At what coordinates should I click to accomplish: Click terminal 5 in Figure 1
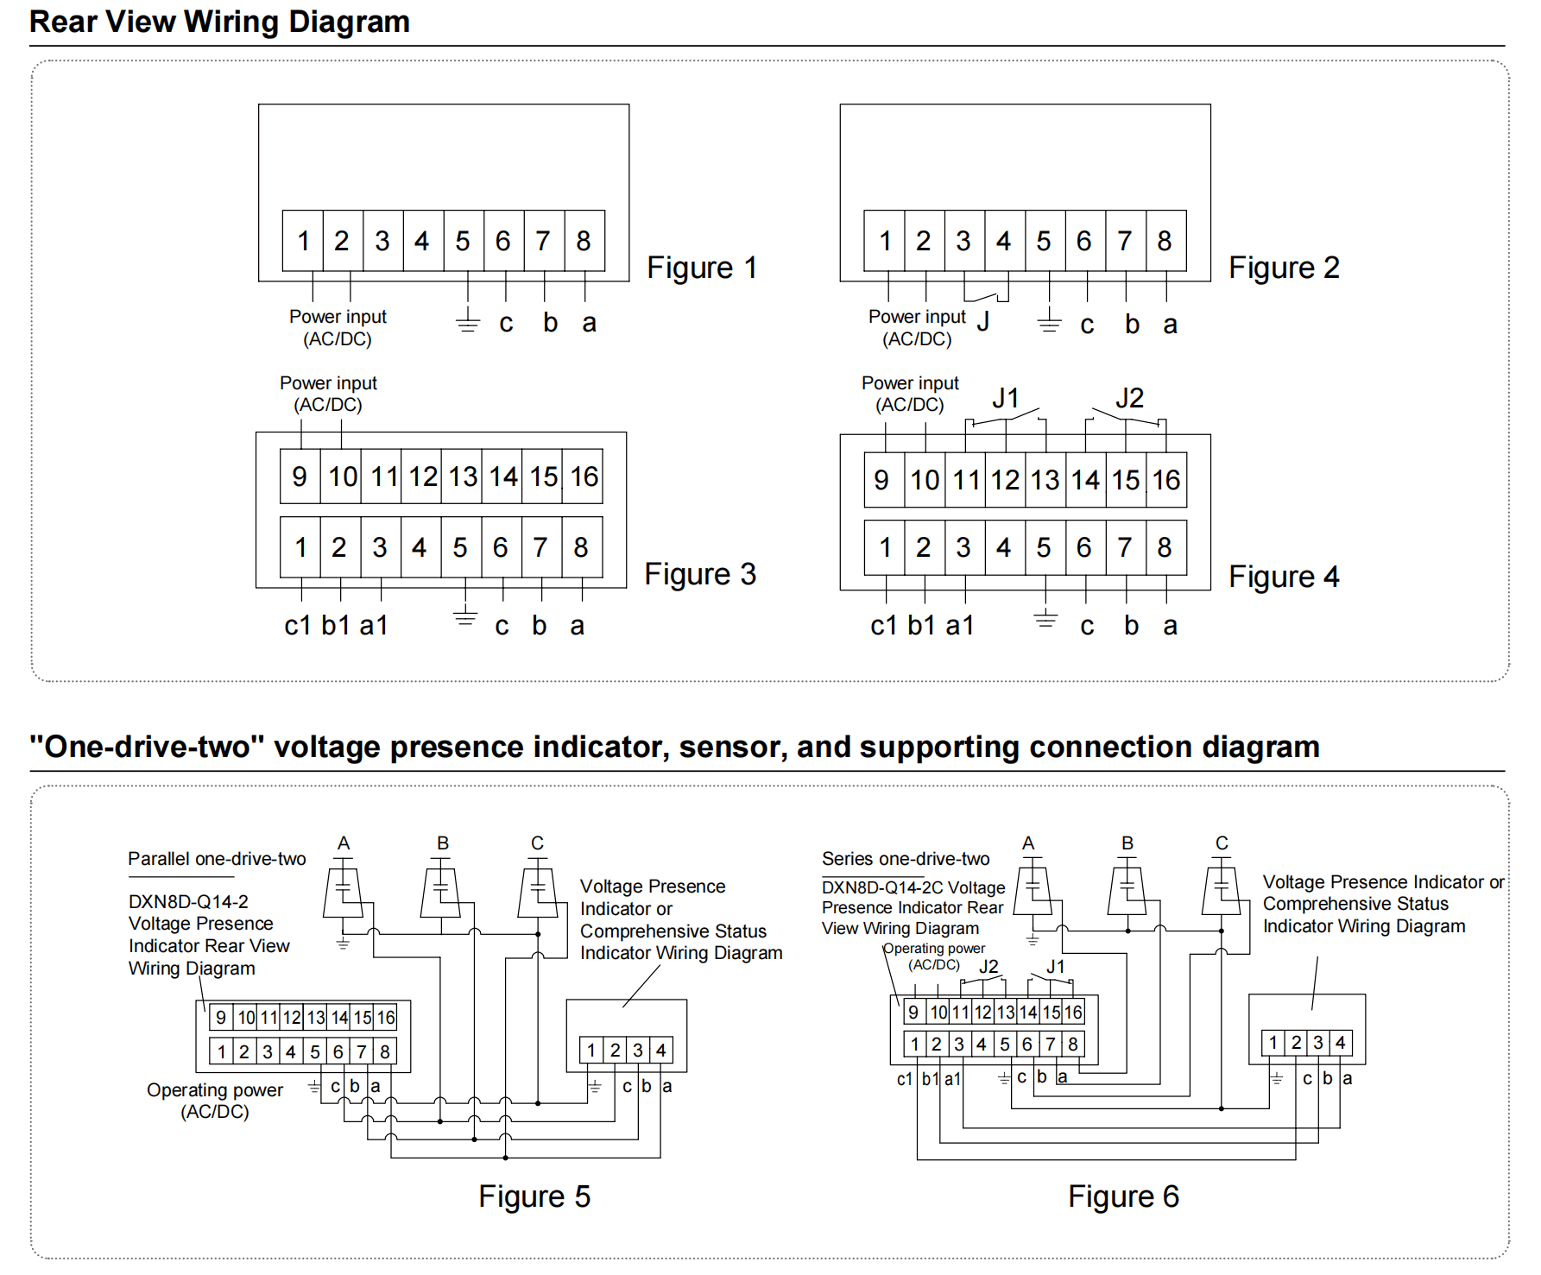tap(464, 241)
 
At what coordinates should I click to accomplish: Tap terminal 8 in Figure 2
tap(1165, 241)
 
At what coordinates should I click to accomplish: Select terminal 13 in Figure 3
tap(463, 477)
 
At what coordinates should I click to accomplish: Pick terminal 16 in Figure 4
tap(1166, 480)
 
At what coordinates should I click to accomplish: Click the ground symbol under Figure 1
tap(467, 322)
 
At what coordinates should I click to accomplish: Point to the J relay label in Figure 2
tap(983, 321)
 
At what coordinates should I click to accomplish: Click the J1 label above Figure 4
tap(1006, 398)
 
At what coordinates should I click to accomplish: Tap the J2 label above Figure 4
tap(1129, 398)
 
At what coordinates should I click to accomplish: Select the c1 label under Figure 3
tap(297, 625)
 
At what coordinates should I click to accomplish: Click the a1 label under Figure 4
tap(959, 625)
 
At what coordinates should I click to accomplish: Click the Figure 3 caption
tap(700, 574)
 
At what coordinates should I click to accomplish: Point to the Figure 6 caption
tap(1123, 1196)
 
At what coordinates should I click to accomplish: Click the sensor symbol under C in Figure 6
tap(1222, 888)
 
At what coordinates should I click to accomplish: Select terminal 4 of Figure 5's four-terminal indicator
tap(661, 1051)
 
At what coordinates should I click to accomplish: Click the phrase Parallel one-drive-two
tap(217, 859)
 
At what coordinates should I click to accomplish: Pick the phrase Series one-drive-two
tap(906, 859)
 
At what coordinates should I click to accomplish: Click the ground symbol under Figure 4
tap(1045, 619)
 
